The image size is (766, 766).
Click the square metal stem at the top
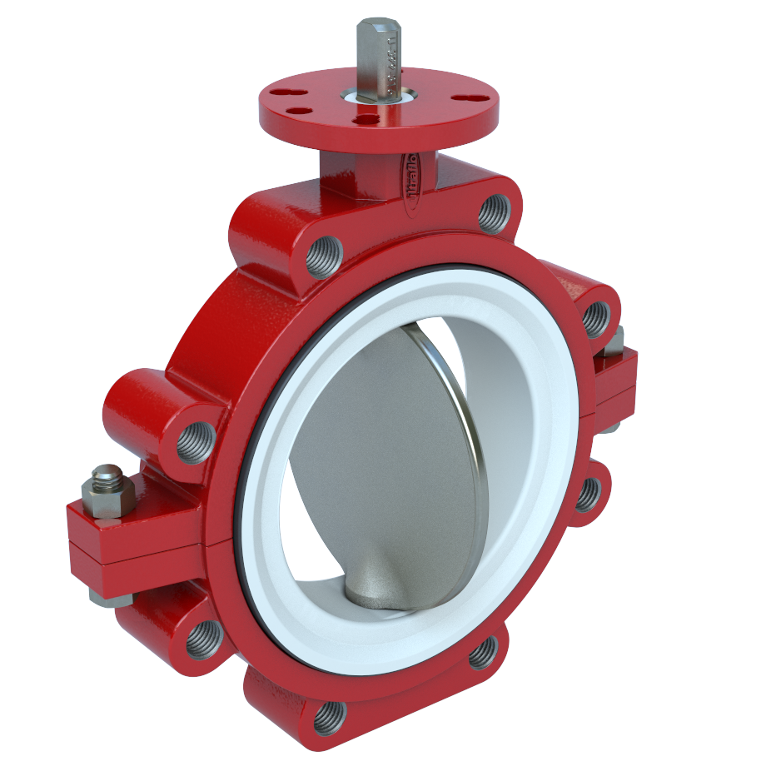[x=379, y=50]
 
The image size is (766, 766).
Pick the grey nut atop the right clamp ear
[x=614, y=341]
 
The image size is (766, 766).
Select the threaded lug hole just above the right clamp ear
[x=596, y=317]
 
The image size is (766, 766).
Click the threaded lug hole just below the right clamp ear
[x=588, y=494]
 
